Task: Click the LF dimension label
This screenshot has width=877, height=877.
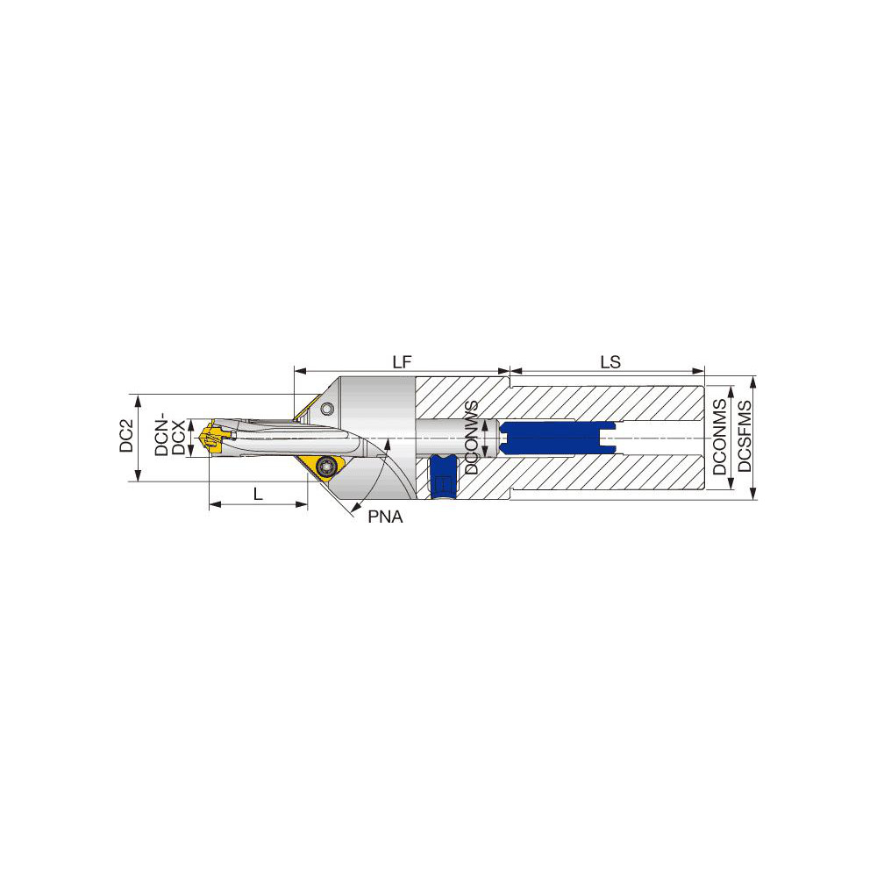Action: click(403, 361)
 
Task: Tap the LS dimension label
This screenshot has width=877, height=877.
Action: click(611, 361)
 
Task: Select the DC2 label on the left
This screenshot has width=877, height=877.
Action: click(126, 436)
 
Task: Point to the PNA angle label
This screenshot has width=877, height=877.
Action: click(384, 517)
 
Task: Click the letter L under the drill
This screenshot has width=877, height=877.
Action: click(258, 494)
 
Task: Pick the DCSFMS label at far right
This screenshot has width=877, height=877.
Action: click(745, 436)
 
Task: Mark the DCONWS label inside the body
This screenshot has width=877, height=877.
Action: click(472, 438)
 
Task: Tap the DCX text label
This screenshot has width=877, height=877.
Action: click(178, 437)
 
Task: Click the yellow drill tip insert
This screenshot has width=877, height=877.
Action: click(211, 438)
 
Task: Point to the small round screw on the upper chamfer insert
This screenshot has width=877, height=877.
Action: click(327, 409)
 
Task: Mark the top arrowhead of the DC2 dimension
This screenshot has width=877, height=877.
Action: click(138, 399)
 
